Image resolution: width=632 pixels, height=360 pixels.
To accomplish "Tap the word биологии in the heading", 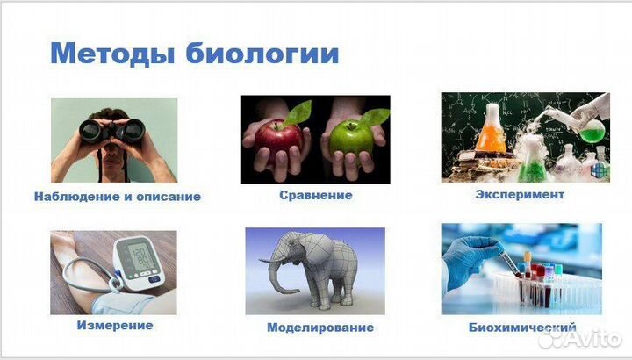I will [x=263, y=54].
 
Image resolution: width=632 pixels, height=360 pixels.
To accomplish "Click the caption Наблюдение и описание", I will [x=118, y=197].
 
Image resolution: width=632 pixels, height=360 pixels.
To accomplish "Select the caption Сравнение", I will [x=315, y=195].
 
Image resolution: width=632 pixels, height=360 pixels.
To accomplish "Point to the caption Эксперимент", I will [x=519, y=194].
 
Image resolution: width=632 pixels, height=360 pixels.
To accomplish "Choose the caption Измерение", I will [x=115, y=325].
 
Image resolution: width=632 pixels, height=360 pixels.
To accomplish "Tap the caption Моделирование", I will [x=320, y=328].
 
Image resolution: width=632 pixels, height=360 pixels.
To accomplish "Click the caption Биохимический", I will [x=522, y=328].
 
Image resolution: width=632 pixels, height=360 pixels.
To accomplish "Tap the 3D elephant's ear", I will [x=298, y=256].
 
